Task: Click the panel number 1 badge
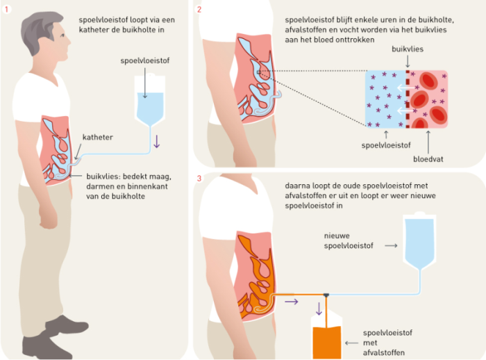click(8, 8)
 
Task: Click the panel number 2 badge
click(200, 9)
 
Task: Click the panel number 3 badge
click(200, 179)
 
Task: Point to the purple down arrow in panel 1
click(157, 141)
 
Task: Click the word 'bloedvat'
click(428, 159)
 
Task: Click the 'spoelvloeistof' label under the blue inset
click(383, 147)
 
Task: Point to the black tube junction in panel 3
click(326, 295)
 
